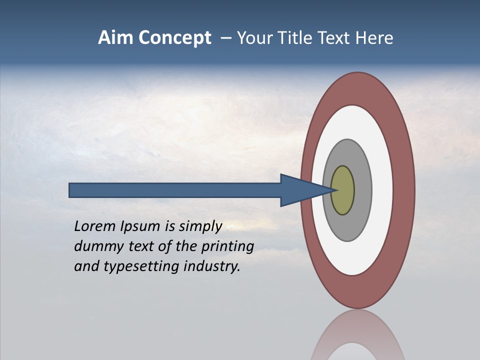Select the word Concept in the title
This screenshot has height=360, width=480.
coord(175,38)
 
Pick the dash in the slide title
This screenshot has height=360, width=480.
coord(225,38)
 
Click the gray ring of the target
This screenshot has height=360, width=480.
coord(362,190)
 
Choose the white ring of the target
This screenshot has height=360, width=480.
coord(382,190)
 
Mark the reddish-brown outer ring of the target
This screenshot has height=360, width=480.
coord(404,190)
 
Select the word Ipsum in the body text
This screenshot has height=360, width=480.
coord(140,227)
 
